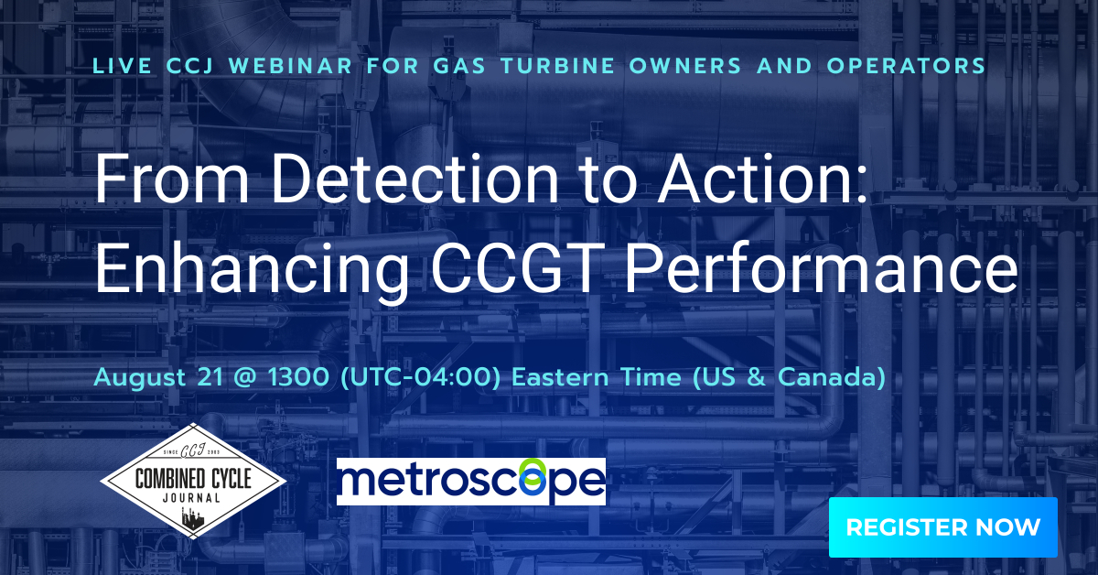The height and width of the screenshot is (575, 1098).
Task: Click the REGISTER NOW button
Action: tap(942, 527)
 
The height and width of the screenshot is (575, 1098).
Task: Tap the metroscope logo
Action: tap(471, 482)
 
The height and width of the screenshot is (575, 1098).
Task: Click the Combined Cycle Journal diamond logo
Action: tap(193, 481)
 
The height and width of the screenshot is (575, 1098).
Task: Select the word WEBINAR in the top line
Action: tap(291, 66)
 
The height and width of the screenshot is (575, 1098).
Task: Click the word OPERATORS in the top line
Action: tap(906, 66)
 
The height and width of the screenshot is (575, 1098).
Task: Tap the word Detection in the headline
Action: tap(414, 179)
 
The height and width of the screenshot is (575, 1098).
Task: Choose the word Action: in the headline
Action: tap(763, 179)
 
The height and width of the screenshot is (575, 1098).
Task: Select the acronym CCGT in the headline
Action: tap(521, 269)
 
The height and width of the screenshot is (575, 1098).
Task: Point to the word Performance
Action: tap(822, 269)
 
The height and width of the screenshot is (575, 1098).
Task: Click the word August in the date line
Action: tap(133, 378)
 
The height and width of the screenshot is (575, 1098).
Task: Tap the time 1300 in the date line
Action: tap(298, 377)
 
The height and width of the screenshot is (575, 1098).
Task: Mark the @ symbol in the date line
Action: tap(245, 378)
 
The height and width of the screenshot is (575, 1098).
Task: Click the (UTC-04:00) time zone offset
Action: tap(420, 378)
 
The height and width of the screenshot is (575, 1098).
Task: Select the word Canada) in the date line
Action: tap(832, 378)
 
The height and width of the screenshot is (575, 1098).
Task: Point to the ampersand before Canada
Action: tap(757, 378)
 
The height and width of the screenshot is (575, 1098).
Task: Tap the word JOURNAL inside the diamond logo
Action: tap(191, 498)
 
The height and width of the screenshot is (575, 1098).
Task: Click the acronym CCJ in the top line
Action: tap(190, 66)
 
